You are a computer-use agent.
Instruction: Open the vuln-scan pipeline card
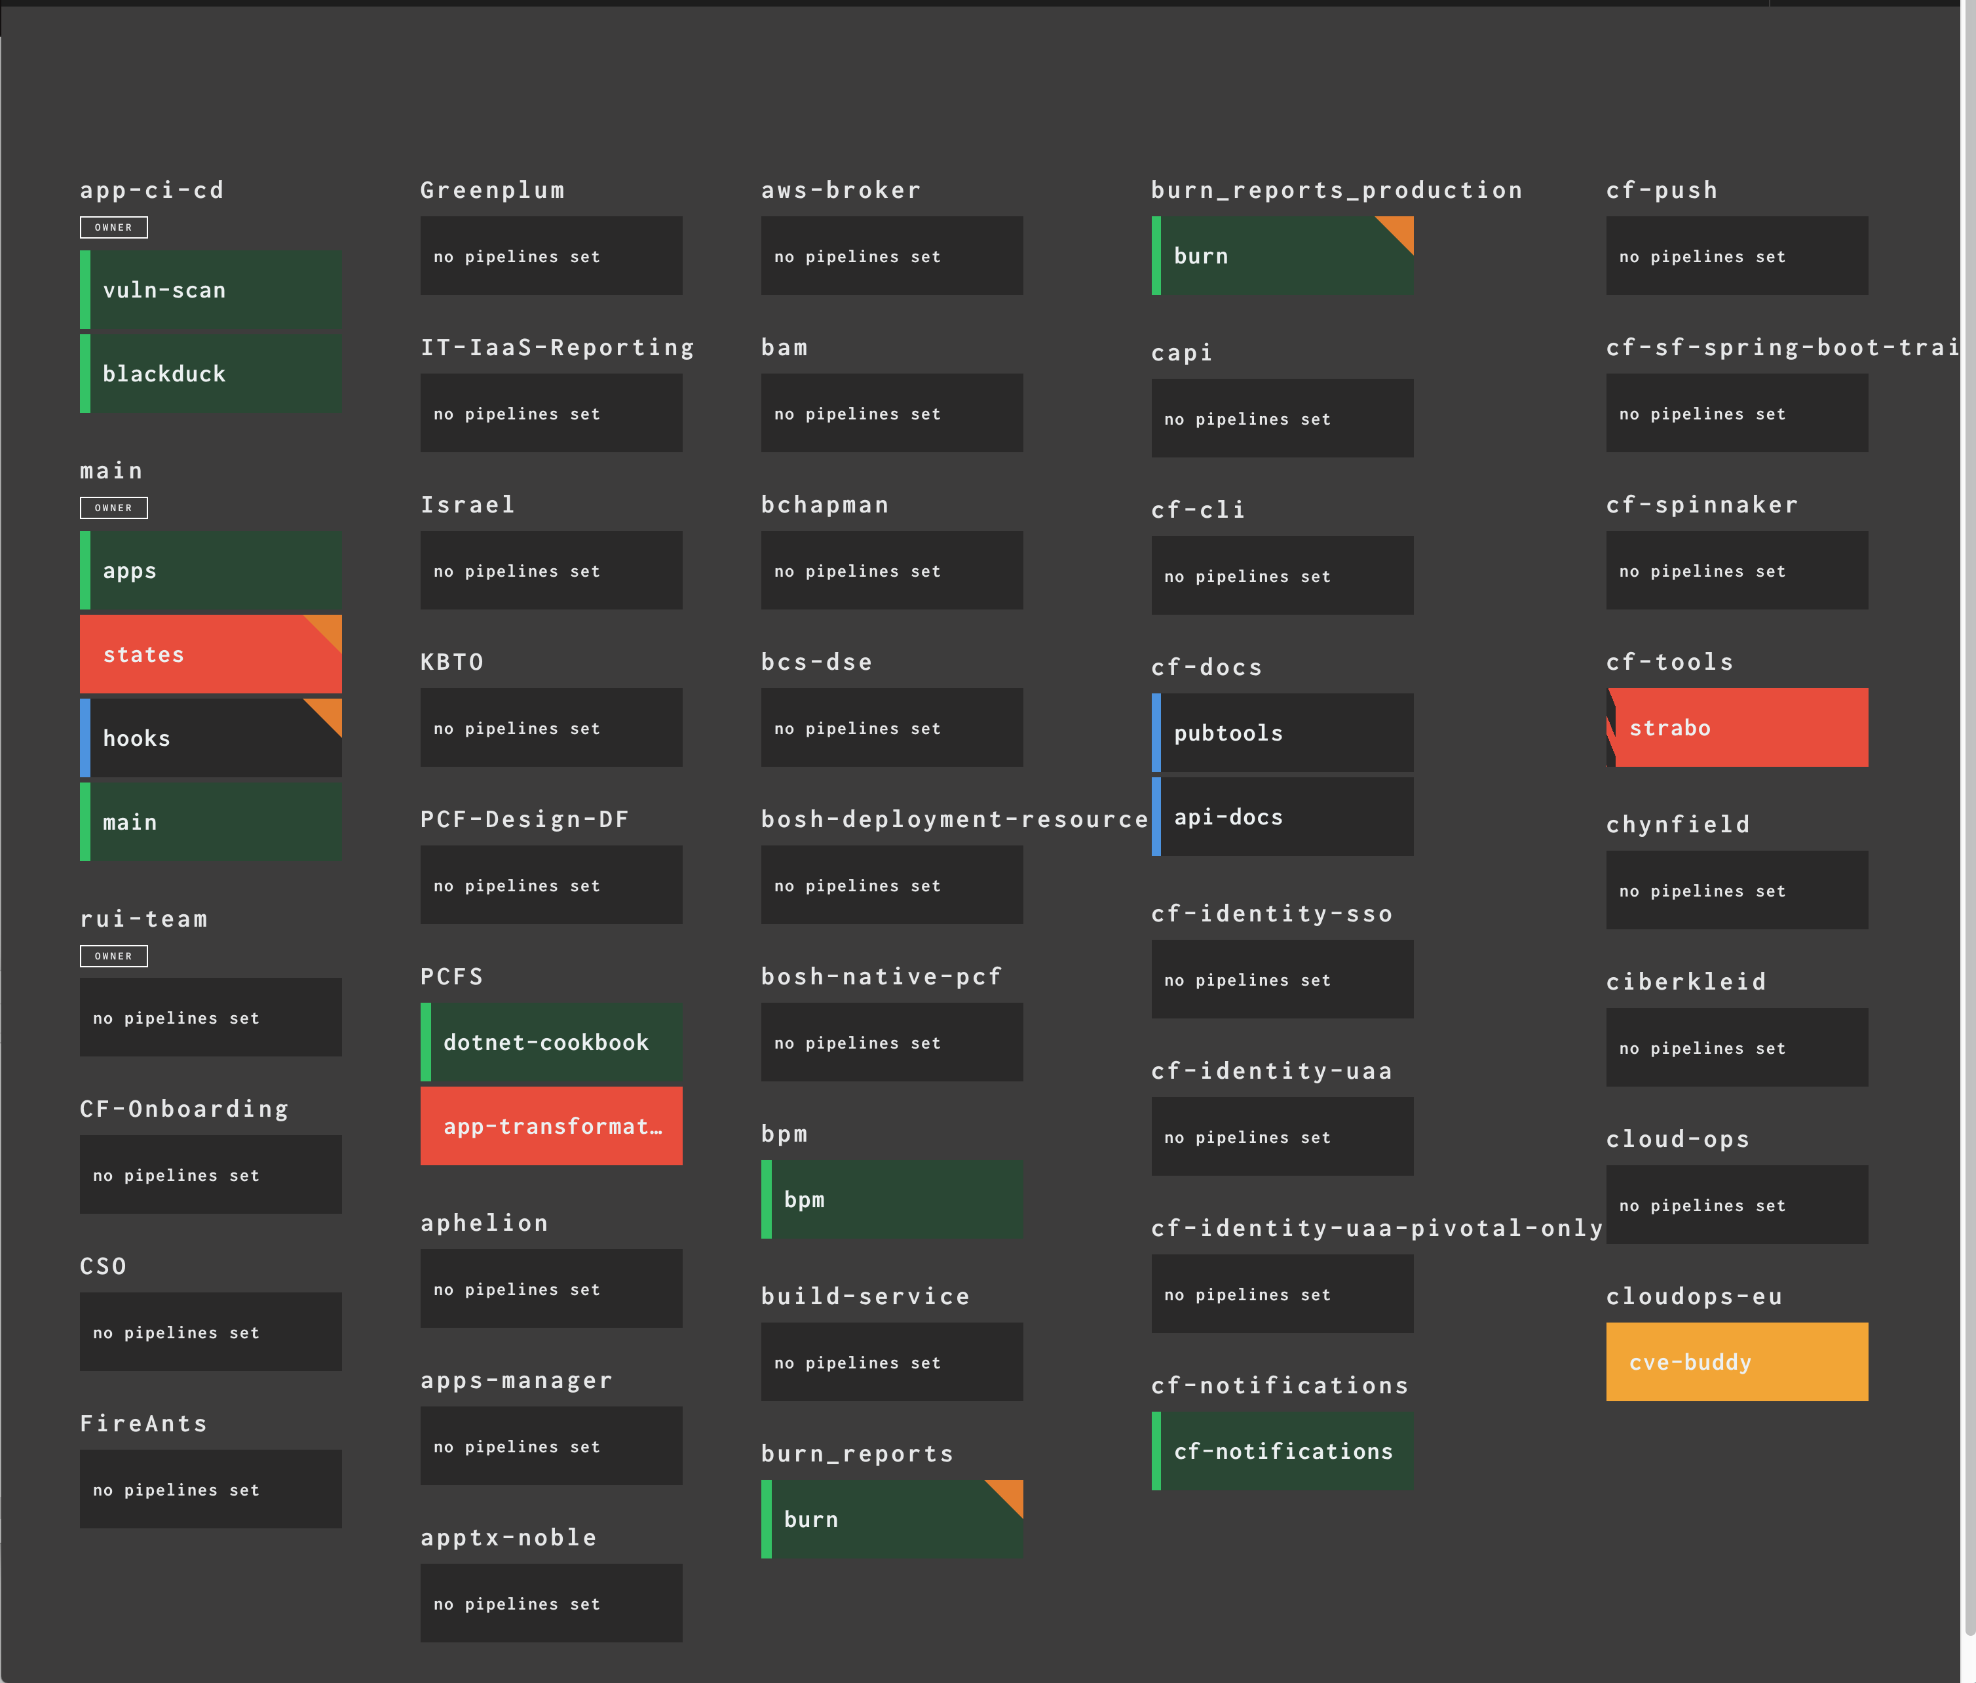[211, 290]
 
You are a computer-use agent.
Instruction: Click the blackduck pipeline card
[211, 374]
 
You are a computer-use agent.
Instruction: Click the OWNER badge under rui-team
[113, 956]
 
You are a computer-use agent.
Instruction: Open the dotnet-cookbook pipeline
[551, 1042]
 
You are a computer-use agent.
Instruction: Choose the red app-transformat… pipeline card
[551, 1126]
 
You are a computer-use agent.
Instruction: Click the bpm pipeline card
[892, 1199]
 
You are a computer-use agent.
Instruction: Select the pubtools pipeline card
[1283, 733]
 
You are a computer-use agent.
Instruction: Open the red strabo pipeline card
[1738, 728]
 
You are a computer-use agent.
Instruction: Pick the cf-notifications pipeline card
[1283, 1451]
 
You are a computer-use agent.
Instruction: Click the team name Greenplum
[492, 191]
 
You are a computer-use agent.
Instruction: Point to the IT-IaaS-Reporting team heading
[557, 348]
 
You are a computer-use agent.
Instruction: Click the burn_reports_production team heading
[1336, 191]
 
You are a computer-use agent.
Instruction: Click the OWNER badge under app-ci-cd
[113, 227]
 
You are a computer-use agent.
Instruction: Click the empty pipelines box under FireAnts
[211, 1489]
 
